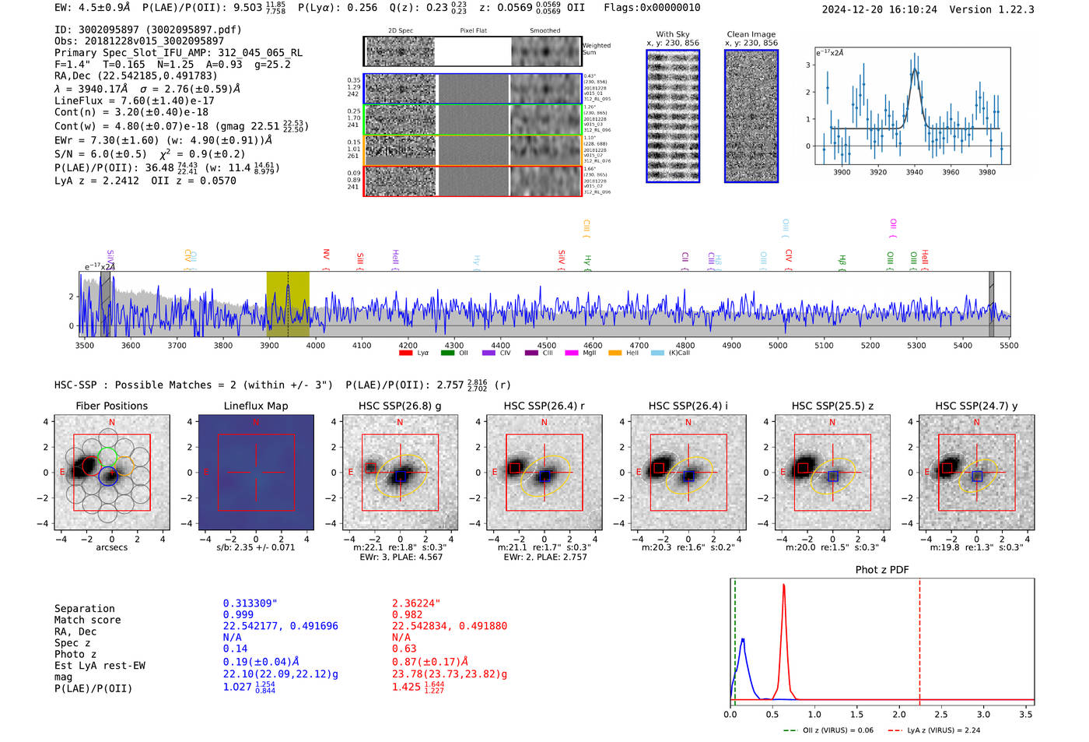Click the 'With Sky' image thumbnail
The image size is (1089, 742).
[673, 116]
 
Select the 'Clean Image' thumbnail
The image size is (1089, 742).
[751, 116]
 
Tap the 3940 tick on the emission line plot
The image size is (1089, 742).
[914, 172]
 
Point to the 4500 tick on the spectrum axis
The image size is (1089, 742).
[547, 345]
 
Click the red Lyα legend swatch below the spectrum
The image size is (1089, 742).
[405, 353]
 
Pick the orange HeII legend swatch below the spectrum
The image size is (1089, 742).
[615, 353]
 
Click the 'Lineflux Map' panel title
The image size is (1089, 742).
[256, 406]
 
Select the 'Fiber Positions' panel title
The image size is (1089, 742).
[112, 406]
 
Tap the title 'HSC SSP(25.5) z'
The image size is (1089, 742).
[832, 406]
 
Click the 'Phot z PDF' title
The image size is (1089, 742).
[882, 570]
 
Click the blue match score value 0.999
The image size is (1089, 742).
[238, 615]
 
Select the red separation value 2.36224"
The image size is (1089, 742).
[416, 603]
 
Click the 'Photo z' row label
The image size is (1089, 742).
[75, 654]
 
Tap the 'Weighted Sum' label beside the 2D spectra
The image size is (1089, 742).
[597, 49]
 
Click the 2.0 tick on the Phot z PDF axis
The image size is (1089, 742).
[898, 714]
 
